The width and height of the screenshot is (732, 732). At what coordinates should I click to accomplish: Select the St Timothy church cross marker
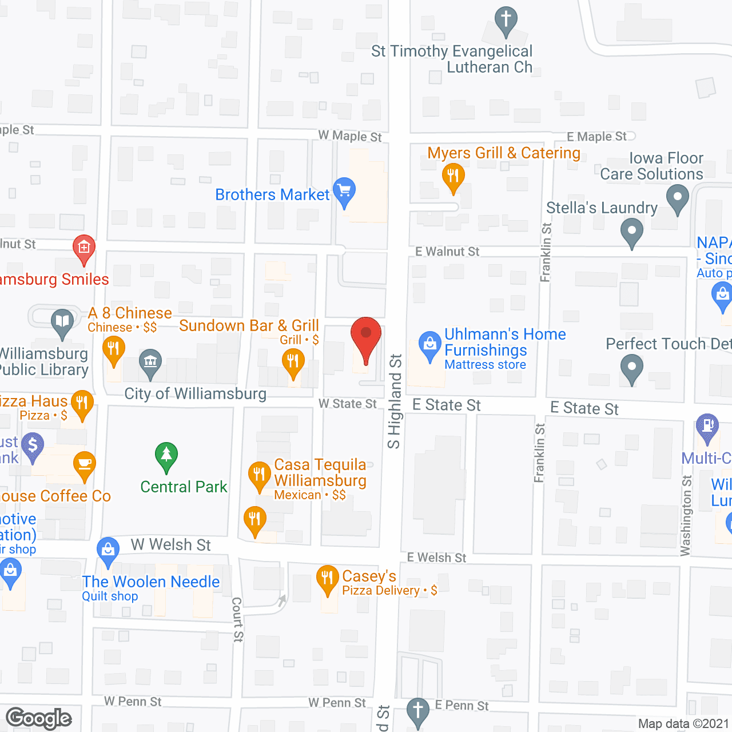(x=506, y=21)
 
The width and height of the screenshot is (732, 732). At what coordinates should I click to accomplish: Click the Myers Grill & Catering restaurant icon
(x=453, y=176)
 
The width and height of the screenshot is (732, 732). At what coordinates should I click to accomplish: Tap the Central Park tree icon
(x=166, y=456)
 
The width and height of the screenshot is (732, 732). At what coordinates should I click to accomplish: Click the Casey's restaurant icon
(x=327, y=578)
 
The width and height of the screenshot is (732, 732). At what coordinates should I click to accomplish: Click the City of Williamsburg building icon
(x=150, y=362)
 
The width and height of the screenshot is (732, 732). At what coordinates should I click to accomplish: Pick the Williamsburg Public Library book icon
(x=62, y=322)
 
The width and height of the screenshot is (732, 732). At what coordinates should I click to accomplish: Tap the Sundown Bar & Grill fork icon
(x=293, y=362)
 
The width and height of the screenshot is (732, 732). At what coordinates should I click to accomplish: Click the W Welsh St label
(x=170, y=545)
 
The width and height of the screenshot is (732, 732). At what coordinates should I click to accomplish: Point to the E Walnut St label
(x=447, y=252)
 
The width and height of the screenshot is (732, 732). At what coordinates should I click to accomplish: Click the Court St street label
(x=237, y=619)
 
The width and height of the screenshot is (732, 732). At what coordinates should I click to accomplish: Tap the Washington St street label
(x=686, y=515)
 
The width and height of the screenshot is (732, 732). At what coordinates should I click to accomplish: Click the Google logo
(x=39, y=718)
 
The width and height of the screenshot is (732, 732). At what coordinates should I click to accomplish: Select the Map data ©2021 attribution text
(x=683, y=724)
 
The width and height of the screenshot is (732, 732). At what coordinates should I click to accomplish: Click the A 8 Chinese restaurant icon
(x=113, y=349)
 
